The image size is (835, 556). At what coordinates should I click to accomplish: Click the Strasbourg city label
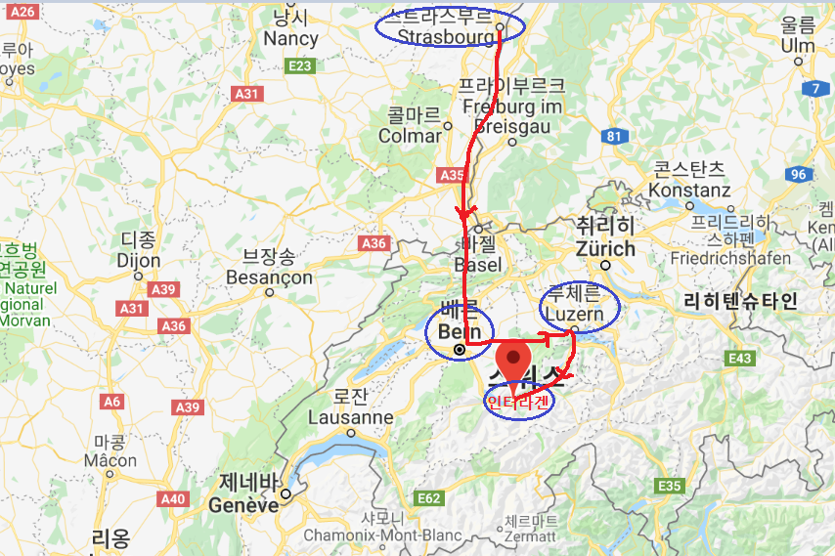tap(446, 36)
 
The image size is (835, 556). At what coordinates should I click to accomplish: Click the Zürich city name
tap(605, 248)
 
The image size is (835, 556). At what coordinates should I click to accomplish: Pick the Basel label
tap(478, 264)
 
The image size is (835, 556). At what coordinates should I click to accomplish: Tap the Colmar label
tap(410, 136)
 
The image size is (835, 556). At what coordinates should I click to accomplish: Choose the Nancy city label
tap(290, 39)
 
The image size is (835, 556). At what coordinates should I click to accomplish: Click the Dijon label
tap(138, 261)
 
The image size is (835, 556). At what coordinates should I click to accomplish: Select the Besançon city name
tap(269, 278)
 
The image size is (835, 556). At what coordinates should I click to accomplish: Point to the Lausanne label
tap(350, 417)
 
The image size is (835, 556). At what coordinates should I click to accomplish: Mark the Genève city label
tap(243, 505)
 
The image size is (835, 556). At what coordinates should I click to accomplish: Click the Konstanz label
tap(688, 190)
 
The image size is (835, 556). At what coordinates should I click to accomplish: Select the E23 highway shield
tap(299, 66)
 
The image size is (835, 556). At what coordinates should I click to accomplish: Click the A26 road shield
tap(24, 11)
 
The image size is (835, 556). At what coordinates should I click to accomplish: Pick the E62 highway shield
tap(428, 498)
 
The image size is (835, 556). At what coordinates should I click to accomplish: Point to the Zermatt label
tap(531, 536)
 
